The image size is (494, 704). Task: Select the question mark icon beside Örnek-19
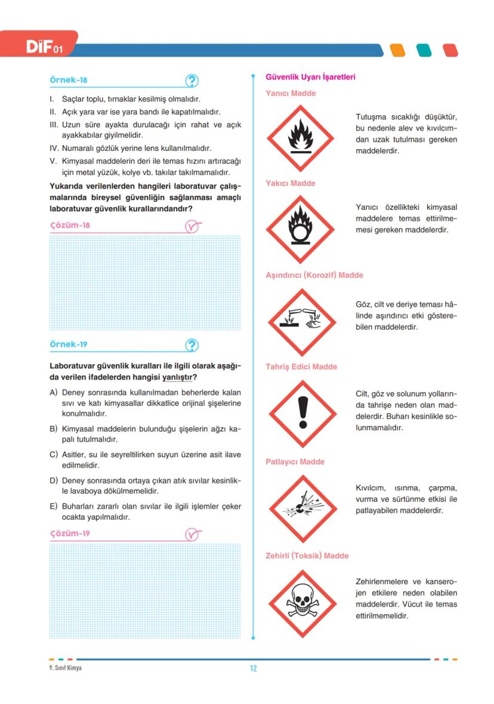tap(192, 345)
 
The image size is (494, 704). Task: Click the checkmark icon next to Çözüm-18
tap(192, 227)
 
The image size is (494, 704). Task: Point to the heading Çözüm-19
tap(70, 533)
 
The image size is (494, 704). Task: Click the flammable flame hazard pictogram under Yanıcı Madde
tap(300, 138)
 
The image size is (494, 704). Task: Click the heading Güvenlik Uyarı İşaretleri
tap(310, 77)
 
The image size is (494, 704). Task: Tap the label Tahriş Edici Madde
tap(301, 367)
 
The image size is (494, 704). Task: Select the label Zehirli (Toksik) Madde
tap(307, 556)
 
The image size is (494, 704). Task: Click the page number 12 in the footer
tap(253, 668)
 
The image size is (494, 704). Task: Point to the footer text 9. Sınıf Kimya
tap(66, 668)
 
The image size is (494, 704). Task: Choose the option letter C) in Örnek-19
tap(53, 455)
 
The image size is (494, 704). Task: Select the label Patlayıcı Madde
tap(295, 462)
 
